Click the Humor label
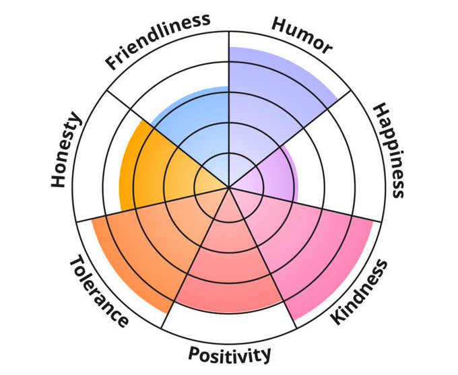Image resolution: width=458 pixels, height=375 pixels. pos(302,34)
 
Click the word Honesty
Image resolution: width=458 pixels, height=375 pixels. pos(66,149)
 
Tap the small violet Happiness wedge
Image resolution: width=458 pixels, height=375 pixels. pos(266,172)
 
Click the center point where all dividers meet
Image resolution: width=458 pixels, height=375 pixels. pos(230,187)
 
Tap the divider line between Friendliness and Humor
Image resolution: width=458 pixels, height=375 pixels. pos(230,67)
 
